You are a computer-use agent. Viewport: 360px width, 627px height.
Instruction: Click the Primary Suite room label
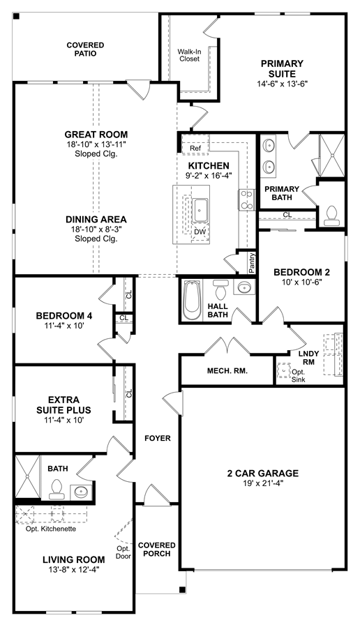click(x=282, y=69)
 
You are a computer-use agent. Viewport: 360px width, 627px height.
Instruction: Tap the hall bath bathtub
click(x=193, y=299)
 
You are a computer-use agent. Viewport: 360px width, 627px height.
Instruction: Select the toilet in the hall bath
click(x=220, y=290)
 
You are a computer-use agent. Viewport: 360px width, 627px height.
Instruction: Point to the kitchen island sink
click(x=201, y=209)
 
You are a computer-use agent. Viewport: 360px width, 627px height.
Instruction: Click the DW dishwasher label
click(x=200, y=232)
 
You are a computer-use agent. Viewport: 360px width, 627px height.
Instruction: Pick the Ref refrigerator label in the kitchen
click(x=195, y=149)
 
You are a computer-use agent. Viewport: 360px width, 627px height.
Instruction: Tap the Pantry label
click(x=252, y=263)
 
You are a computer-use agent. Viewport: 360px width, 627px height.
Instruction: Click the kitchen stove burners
click(x=245, y=199)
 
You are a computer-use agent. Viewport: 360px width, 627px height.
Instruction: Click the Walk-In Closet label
click(x=189, y=55)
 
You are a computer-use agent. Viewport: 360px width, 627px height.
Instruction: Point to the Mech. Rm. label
click(x=227, y=370)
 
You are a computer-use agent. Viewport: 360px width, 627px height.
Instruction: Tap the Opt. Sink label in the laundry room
click(x=299, y=375)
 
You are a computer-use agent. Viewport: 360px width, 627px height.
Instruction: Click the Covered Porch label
click(x=156, y=550)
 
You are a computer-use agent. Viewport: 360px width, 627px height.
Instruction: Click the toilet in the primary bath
click(x=331, y=213)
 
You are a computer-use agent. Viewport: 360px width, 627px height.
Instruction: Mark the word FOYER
click(x=157, y=438)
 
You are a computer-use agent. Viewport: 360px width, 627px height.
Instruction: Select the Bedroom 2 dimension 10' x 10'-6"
click(x=301, y=282)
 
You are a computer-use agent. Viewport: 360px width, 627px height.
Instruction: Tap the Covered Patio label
click(x=85, y=50)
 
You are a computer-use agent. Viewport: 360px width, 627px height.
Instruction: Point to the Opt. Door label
click(x=123, y=552)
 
